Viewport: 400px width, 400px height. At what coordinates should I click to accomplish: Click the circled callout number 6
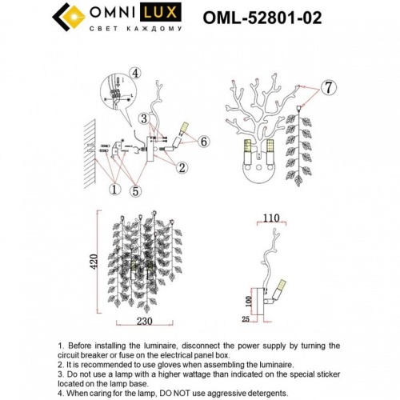204,141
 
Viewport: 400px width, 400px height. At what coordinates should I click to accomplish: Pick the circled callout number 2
182,167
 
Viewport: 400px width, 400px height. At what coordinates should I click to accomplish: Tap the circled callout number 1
114,190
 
